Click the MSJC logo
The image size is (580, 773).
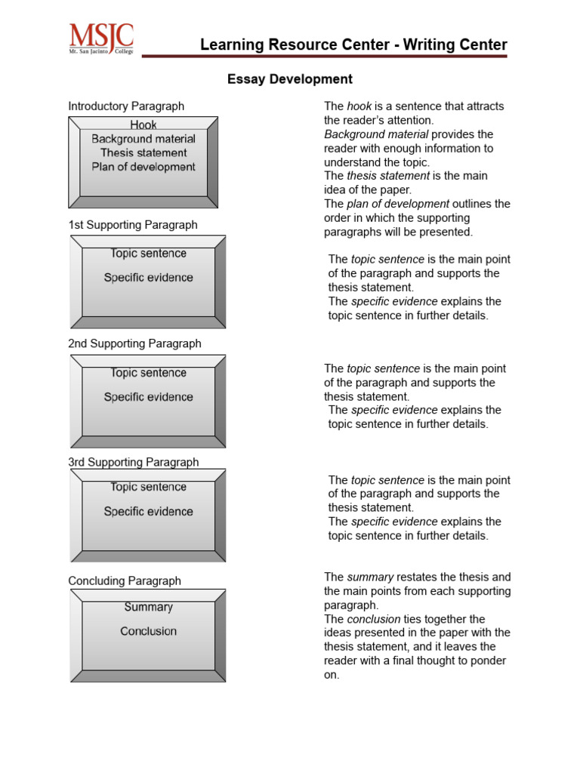[x=101, y=38]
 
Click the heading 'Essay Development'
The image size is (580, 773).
[x=290, y=79]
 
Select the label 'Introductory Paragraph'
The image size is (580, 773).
[x=126, y=106]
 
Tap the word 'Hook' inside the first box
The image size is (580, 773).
[x=143, y=125]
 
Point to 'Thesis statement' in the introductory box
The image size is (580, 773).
[x=143, y=153]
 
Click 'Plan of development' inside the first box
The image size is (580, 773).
[x=143, y=167]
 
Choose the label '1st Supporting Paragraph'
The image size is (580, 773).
[x=133, y=225]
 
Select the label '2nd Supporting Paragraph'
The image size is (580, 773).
[x=134, y=343]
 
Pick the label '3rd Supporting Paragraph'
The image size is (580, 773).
[x=134, y=462]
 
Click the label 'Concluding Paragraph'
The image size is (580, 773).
[x=125, y=581]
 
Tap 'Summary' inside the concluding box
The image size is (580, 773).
[x=148, y=607]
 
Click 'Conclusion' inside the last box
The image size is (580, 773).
[x=148, y=631]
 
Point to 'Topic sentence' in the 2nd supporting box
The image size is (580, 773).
[x=148, y=373]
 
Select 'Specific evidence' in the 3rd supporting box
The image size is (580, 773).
[x=148, y=512]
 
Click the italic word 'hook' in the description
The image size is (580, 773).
[x=359, y=106]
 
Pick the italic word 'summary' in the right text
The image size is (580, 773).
[x=369, y=577]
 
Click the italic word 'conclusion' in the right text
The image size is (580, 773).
[x=373, y=619]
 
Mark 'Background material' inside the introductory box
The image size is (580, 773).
[x=143, y=139]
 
